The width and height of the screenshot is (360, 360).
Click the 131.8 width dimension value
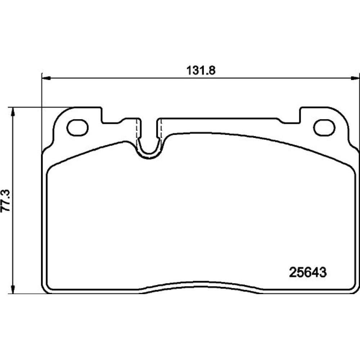(x=201, y=71)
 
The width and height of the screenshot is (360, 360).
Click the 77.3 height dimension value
(x=6, y=201)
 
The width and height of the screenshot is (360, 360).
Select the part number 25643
(x=308, y=273)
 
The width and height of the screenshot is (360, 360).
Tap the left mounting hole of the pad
(x=78, y=128)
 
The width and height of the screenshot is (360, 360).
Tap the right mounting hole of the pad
(x=324, y=128)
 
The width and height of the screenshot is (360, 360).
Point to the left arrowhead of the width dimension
(x=46, y=78)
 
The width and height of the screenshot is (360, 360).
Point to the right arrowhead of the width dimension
(x=355, y=78)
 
